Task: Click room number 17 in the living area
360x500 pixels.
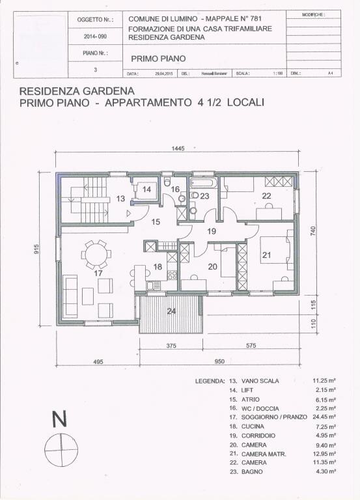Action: tap(99, 273)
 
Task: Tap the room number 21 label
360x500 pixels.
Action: tap(266, 255)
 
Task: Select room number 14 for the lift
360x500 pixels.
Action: tap(147, 189)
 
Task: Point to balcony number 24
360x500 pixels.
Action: tap(171, 311)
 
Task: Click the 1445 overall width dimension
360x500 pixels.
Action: tap(178, 148)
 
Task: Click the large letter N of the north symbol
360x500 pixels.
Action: tap(59, 420)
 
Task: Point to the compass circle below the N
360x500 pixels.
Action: tap(59, 449)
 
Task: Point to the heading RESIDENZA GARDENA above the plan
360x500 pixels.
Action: tap(77, 91)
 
